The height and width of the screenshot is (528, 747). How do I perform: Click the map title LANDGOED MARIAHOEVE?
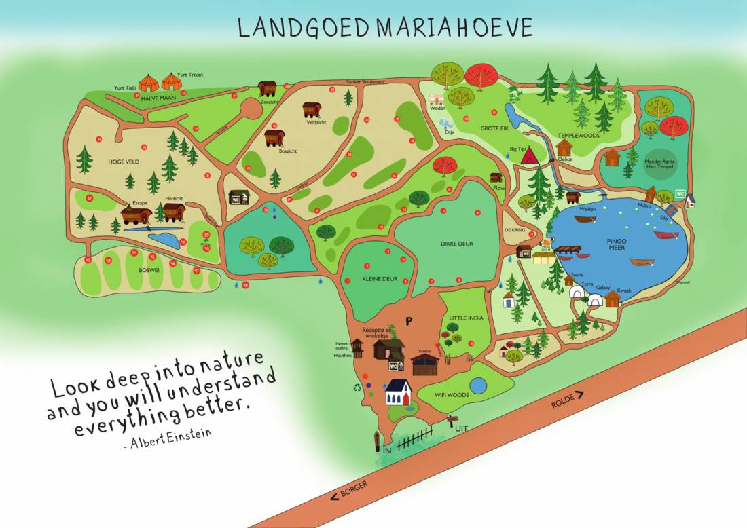(x=385, y=26)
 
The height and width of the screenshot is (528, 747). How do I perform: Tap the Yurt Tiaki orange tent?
(x=149, y=83)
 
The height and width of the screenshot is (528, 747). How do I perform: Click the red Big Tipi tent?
(x=530, y=155)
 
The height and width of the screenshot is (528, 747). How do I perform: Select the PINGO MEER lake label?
(x=617, y=244)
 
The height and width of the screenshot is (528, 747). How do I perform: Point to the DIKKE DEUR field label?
(x=456, y=243)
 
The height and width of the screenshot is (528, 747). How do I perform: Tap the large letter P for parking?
(x=409, y=321)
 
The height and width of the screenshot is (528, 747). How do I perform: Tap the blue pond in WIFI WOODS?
(x=478, y=385)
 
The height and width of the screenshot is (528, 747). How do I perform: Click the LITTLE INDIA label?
(x=464, y=317)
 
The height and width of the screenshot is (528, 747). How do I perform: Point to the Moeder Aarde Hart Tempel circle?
(x=662, y=159)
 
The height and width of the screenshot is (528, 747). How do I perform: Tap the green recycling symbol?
(x=356, y=388)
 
